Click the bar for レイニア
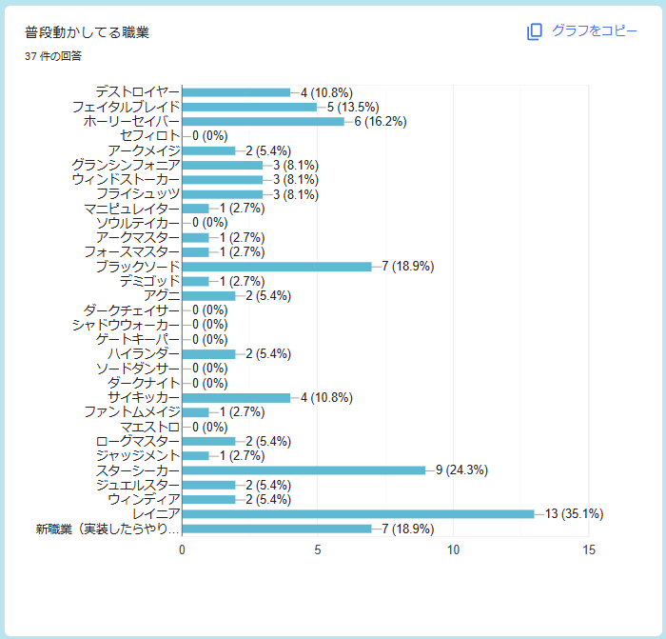tap(358, 514)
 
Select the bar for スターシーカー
tap(304, 470)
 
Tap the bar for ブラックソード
tap(277, 267)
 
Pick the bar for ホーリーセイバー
tap(264, 122)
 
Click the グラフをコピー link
tap(595, 30)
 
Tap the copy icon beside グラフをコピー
tap(535, 31)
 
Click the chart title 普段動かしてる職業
tap(88, 32)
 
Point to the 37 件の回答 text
tap(53, 56)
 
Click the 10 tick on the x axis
tap(453, 550)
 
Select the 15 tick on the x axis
tap(589, 550)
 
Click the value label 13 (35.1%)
tap(575, 513)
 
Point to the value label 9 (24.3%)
tap(462, 469)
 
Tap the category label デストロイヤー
tap(138, 91)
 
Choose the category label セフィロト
tap(150, 135)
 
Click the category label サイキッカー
tap(144, 397)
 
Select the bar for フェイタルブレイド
tap(249, 108)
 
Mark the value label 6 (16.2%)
tap(381, 121)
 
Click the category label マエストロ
tap(150, 427)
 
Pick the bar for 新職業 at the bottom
tap(277, 529)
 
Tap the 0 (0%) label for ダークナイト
tap(210, 383)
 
